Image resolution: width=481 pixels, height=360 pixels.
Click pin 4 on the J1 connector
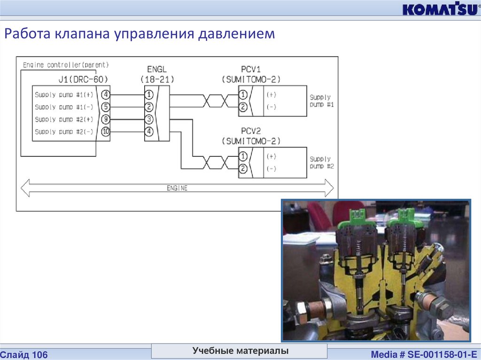[x=105, y=94]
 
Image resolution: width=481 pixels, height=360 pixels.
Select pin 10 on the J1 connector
[x=105, y=132]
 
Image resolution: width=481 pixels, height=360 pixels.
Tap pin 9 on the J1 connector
[x=105, y=119]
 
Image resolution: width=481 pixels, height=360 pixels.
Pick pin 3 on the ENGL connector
[x=149, y=119]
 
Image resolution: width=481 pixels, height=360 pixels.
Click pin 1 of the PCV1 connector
[x=243, y=94]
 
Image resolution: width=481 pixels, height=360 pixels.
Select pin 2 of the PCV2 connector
[x=243, y=169]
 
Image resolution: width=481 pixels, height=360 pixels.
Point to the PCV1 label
[x=251, y=69]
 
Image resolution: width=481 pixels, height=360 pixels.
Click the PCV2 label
[x=251, y=131]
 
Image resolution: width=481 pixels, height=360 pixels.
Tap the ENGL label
[x=157, y=69]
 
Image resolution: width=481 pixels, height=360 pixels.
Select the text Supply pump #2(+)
[x=63, y=119]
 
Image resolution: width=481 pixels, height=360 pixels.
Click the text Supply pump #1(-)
[x=63, y=107]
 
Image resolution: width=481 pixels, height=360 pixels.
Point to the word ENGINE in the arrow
[x=177, y=188]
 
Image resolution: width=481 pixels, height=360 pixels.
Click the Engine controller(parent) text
[x=65, y=64]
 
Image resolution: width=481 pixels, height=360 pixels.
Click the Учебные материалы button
[x=240, y=351]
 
